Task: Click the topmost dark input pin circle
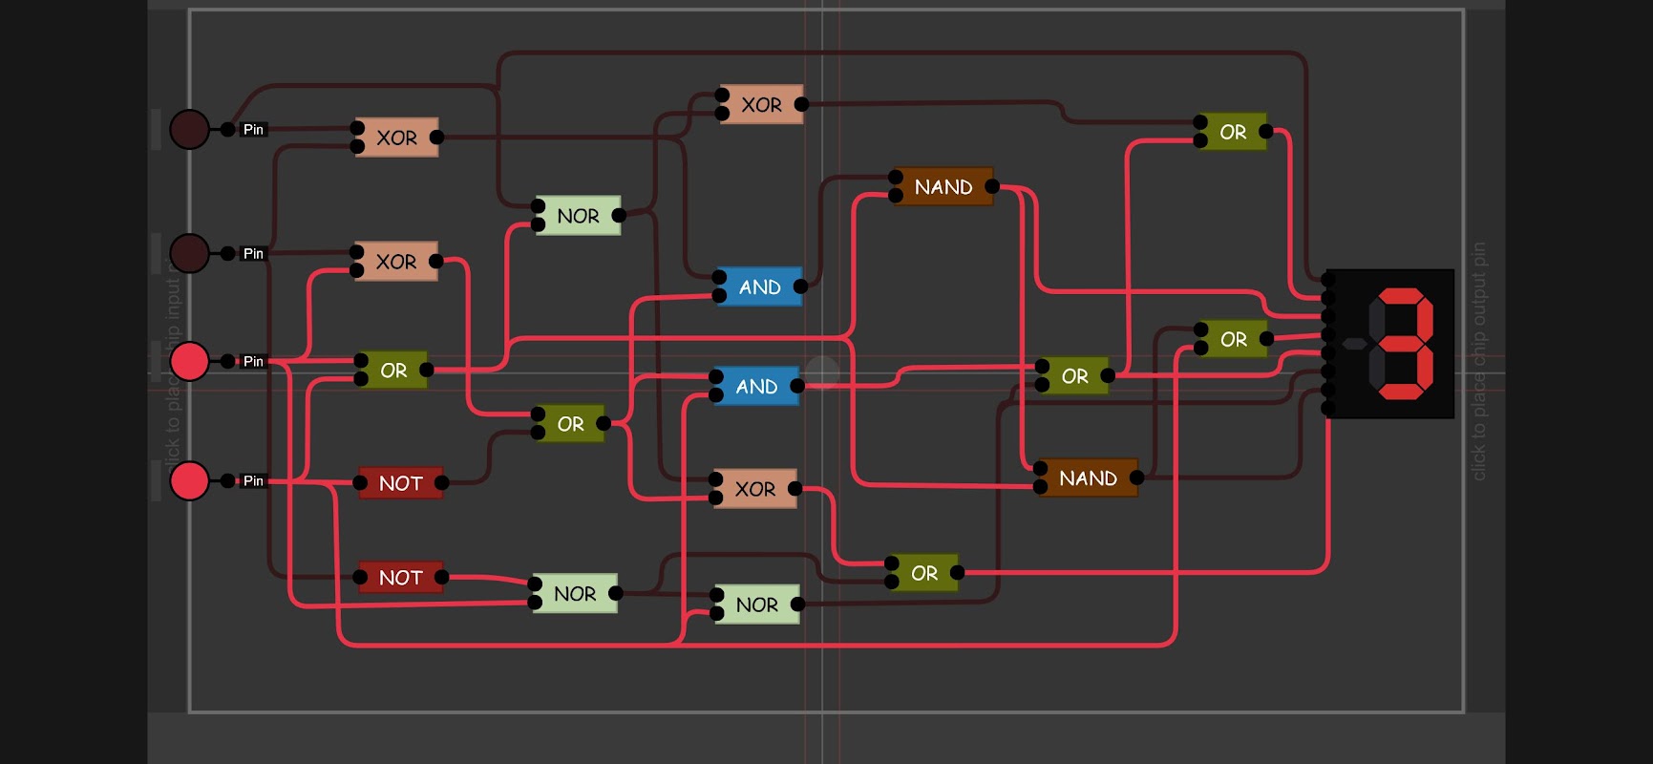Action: click(x=189, y=129)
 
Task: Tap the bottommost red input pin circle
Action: click(x=189, y=480)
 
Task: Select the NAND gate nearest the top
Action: click(x=943, y=187)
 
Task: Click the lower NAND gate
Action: click(x=1088, y=478)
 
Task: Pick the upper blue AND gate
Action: click(x=759, y=287)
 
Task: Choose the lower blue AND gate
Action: click(x=756, y=387)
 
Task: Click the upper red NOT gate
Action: click(x=400, y=483)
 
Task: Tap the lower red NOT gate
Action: click(x=400, y=578)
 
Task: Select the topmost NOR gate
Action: click(x=578, y=216)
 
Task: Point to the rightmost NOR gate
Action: click(x=756, y=605)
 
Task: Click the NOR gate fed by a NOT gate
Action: click(x=575, y=594)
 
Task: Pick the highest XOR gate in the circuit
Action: click(x=761, y=105)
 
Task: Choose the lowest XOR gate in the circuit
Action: click(x=754, y=489)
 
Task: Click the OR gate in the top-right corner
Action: click(x=1233, y=133)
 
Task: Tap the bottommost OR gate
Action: click(x=923, y=573)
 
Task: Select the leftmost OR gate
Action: click(x=393, y=371)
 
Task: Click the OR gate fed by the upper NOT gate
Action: click(x=570, y=424)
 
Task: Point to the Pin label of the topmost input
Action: click(x=253, y=130)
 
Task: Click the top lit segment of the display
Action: click(x=1401, y=297)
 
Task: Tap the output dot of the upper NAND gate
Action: click(x=992, y=186)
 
